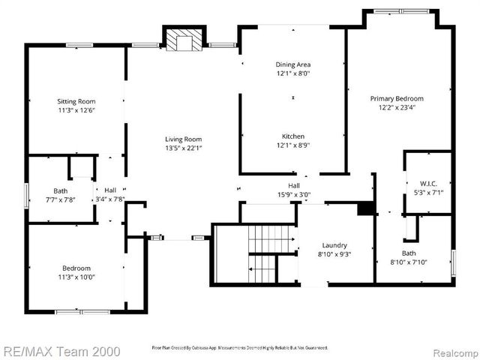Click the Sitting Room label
[76, 100]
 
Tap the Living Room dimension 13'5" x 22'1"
[184, 148]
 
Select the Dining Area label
[293, 64]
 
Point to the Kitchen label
[293, 136]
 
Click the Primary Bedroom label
[397, 98]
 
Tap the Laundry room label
[335, 244]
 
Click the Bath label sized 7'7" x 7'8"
[61, 190]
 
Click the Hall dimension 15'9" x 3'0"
[294, 194]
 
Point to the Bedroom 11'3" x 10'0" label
[76, 268]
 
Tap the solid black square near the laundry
[365, 208]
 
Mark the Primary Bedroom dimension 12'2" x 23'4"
[397, 107]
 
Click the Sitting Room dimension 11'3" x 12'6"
[76, 110]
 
